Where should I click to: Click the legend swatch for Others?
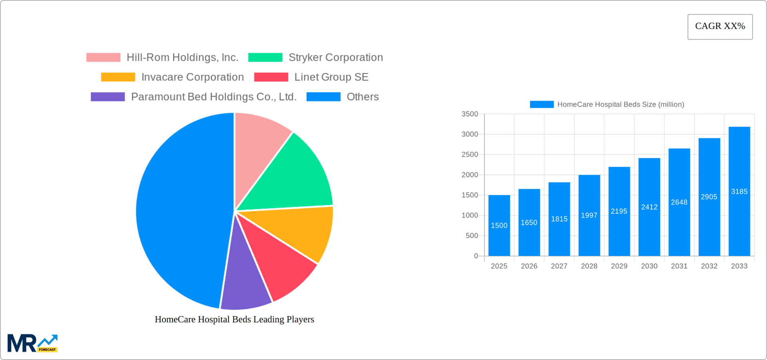pos(323,97)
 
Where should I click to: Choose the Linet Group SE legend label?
pos(331,77)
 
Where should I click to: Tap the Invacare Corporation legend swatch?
pos(118,77)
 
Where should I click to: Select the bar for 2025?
pos(499,225)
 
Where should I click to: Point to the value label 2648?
pos(679,202)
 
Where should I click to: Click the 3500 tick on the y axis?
pos(470,114)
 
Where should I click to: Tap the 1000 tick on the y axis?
pos(470,215)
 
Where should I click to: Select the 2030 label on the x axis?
pos(649,266)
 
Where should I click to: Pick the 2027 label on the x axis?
pos(559,266)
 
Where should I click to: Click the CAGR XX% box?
pos(720,27)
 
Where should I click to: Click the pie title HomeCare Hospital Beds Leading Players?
pos(234,319)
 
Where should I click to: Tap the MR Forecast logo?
pos(32,343)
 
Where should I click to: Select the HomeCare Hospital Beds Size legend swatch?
pos(541,104)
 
